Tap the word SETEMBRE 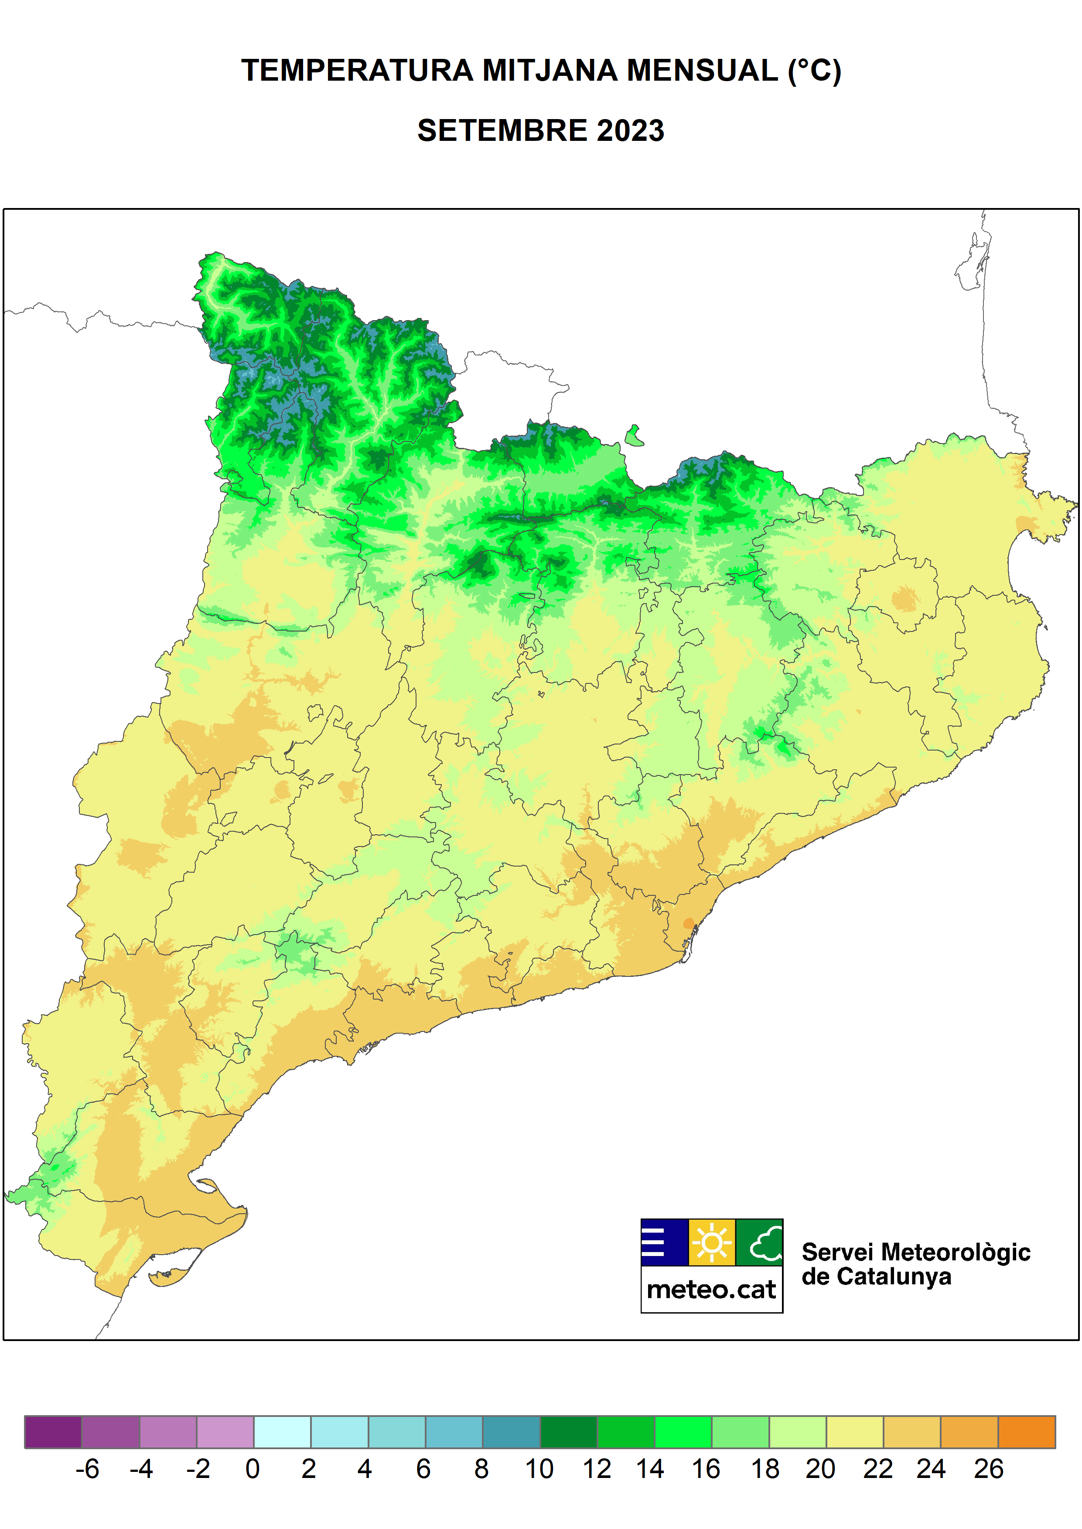tap(501, 130)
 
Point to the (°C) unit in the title tap(814, 71)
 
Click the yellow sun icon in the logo tap(712, 1242)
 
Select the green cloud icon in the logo tap(760, 1242)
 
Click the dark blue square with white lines tap(664, 1242)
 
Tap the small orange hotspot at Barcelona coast tap(688, 923)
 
